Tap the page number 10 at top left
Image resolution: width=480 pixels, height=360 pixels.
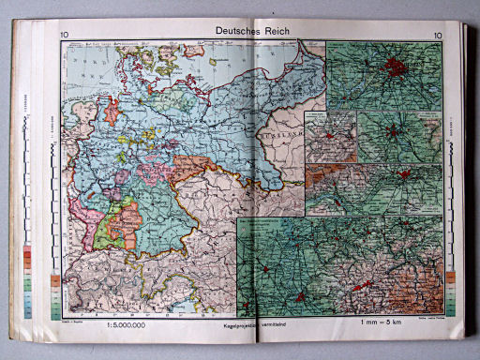pyautogui.click(x=64, y=37)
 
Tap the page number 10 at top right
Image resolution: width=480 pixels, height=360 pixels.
pyautogui.click(x=438, y=37)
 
